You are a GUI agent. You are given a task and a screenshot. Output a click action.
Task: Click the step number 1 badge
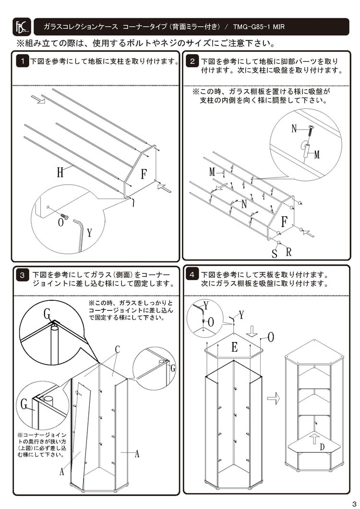pos(22,61)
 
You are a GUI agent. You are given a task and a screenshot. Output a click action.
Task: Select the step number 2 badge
pos(192,61)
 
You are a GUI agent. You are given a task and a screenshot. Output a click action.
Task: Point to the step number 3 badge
pos(22,275)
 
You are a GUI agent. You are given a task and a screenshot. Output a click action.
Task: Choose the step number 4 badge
pos(192,275)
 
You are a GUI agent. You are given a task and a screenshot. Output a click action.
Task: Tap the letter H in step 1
pos(60,173)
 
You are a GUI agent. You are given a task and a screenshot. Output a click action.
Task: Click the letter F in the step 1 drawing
pos(144,174)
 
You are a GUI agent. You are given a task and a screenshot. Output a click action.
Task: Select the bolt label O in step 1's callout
pos(60,222)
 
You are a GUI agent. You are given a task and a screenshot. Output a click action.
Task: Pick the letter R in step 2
pos(288,251)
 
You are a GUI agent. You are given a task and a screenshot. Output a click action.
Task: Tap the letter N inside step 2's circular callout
pos(295,129)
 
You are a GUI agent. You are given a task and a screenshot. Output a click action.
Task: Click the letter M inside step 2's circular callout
pos(317,154)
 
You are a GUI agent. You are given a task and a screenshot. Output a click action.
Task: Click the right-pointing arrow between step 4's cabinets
pos(273,398)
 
